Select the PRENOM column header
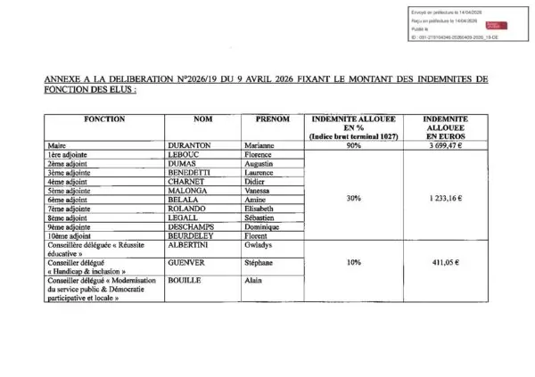point(272,119)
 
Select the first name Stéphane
point(260,265)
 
